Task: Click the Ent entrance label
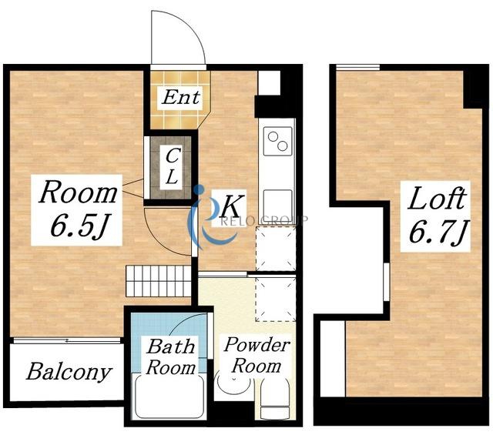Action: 181,97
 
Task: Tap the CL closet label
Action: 172,166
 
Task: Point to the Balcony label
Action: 69,372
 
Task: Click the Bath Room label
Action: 171,357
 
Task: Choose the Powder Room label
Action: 257,355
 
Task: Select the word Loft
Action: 437,198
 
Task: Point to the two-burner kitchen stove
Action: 277,141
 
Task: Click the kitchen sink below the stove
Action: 277,202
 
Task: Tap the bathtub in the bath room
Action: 169,396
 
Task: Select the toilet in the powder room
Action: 275,399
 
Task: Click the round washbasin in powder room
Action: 233,383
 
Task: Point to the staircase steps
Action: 159,281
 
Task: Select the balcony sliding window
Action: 67,341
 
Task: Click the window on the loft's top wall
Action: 357,67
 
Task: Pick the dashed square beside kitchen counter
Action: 276,249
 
